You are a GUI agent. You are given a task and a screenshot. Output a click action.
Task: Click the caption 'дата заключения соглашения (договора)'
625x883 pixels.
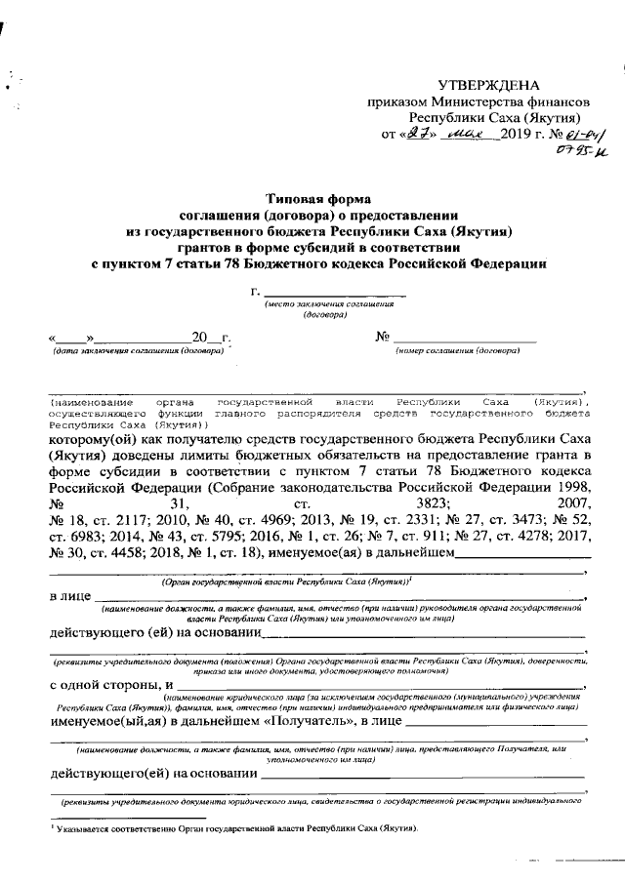point(138,349)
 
